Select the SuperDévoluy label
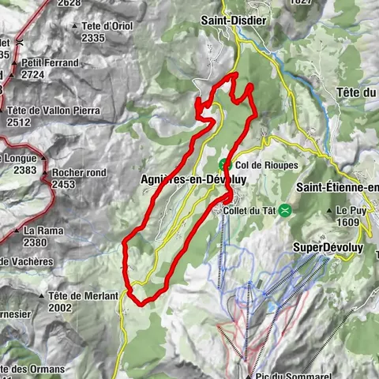pyautogui.click(x=326, y=247)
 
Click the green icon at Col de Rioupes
pyautogui.click(x=223, y=165)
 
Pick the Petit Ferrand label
pyautogui.click(x=51, y=62)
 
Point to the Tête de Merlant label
pyautogui.click(x=82, y=295)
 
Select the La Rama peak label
pyautogui.click(x=39, y=231)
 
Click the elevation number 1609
pyautogui.click(x=348, y=223)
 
